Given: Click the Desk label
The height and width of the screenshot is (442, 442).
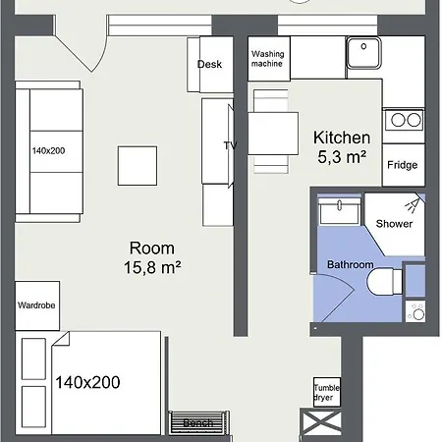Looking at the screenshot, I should [x=209, y=65].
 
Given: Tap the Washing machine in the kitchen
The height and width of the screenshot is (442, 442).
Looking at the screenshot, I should [x=267, y=59].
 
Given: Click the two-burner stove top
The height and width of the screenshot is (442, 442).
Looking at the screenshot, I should [x=404, y=121].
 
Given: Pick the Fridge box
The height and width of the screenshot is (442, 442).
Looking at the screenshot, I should [x=404, y=165].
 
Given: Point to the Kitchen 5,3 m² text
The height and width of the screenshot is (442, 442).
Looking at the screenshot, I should [x=341, y=146].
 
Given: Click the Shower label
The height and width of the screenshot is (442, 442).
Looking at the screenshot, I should [x=394, y=224].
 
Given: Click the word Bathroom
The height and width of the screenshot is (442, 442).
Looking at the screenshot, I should [x=350, y=265].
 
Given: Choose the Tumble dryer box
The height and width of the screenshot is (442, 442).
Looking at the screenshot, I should [x=326, y=392].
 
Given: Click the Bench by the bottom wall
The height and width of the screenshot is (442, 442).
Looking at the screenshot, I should [x=199, y=422].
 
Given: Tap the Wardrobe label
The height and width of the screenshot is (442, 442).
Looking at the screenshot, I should [x=35, y=305].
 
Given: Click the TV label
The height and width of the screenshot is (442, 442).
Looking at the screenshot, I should [x=231, y=145].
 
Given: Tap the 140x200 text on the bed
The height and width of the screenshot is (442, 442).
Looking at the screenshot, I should [x=88, y=381].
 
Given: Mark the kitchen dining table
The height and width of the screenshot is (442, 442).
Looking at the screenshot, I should [x=273, y=132].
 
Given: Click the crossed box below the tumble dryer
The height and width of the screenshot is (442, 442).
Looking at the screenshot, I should [x=325, y=423].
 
